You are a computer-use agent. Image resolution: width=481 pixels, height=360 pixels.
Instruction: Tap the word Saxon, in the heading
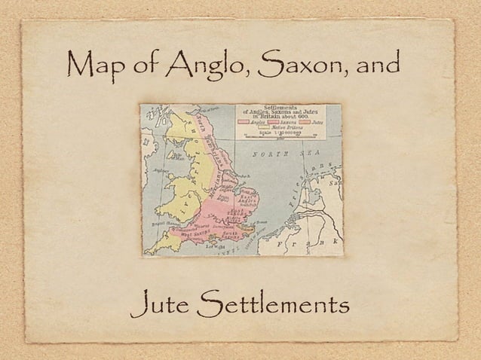click(299, 69)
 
